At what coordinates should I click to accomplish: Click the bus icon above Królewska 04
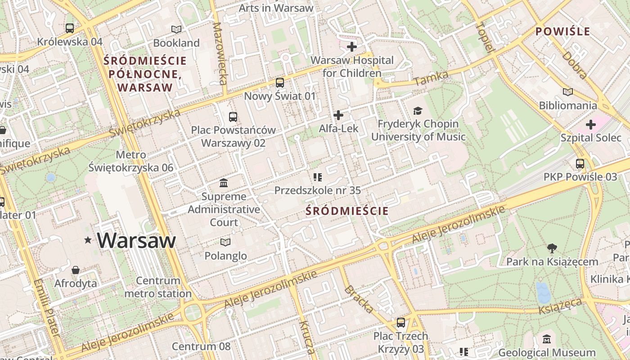pyautogui.click(x=70, y=28)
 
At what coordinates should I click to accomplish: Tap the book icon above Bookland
pyautogui.click(x=176, y=30)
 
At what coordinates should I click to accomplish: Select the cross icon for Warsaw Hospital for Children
pyautogui.click(x=352, y=47)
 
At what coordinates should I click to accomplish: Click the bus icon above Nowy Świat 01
pyautogui.click(x=280, y=83)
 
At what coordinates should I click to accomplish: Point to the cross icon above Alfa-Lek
pyautogui.click(x=338, y=115)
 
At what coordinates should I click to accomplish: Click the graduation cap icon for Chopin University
pyautogui.click(x=418, y=111)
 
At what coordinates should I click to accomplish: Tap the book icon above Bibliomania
pyautogui.click(x=568, y=92)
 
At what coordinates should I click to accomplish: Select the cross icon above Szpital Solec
pyautogui.click(x=591, y=125)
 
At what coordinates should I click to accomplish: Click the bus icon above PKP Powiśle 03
pyautogui.click(x=580, y=164)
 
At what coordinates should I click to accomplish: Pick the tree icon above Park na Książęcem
pyautogui.click(x=552, y=248)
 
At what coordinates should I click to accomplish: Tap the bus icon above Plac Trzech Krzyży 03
pyautogui.click(x=400, y=323)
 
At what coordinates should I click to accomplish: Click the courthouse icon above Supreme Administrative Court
pyautogui.click(x=224, y=183)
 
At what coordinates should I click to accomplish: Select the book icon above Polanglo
pyautogui.click(x=225, y=243)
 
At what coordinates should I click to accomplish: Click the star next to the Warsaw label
pyautogui.click(x=88, y=241)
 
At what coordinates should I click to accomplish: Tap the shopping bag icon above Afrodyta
pyautogui.click(x=76, y=270)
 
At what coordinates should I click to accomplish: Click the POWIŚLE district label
pyautogui.click(x=562, y=31)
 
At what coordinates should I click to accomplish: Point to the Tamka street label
pyautogui.click(x=431, y=78)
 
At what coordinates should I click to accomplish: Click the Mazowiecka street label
pyautogui.click(x=220, y=54)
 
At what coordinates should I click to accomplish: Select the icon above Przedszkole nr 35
pyautogui.click(x=318, y=177)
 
